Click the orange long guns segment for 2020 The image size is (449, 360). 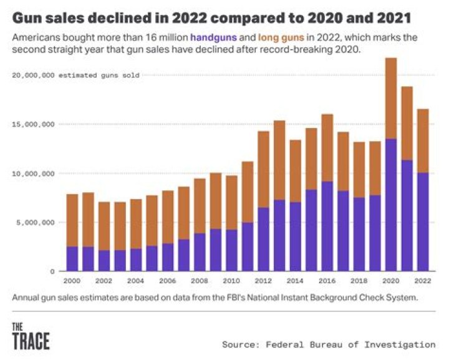pyautogui.click(x=391, y=98)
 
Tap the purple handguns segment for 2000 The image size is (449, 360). pyautogui.click(x=72, y=258)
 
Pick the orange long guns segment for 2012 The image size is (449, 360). pyautogui.click(x=264, y=169)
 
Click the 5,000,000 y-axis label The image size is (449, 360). pyautogui.click(x=35, y=222)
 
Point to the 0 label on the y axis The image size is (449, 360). pyautogui.click(x=53, y=271)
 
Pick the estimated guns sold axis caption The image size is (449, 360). pyautogui.click(x=99, y=75)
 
